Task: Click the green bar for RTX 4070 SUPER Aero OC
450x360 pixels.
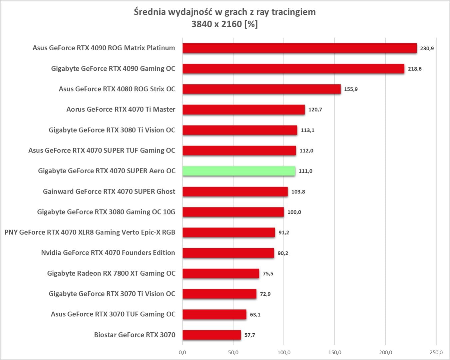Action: pyautogui.click(x=238, y=171)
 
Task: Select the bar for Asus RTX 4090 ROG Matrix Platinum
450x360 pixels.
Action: pyautogui.click(x=299, y=48)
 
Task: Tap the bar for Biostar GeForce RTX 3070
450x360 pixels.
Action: pyautogui.click(x=212, y=335)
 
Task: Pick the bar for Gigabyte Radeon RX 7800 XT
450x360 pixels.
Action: pyautogui.click(x=221, y=273)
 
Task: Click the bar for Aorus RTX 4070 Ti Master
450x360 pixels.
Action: pyautogui.click(x=243, y=110)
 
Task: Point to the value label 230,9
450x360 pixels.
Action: pyautogui.click(x=427, y=48)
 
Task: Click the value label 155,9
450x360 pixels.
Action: pyautogui.click(x=351, y=89)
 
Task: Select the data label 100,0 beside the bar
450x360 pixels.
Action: pyautogui.click(x=294, y=212)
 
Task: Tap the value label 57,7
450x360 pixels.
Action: pyautogui.click(x=249, y=335)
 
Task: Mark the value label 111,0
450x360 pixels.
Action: pyautogui.click(x=305, y=171)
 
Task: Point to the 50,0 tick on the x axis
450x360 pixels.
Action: pyautogui.click(x=233, y=352)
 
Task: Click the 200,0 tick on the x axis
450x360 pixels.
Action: pyautogui.click(x=385, y=352)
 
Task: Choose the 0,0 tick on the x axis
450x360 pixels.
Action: pyautogui.click(x=182, y=352)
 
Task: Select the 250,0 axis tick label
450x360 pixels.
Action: pyautogui.click(x=436, y=352)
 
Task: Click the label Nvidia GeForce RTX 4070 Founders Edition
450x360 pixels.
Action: pyautogui.click(x=108, y=253)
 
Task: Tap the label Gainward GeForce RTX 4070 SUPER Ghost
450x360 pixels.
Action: pyautogui.click(x=109, y=191)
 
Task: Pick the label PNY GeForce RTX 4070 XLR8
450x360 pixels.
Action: pyautogui.click(x=90, y=232)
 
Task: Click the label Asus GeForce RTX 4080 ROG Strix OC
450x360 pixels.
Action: pyautogui.click(x=117, y=89)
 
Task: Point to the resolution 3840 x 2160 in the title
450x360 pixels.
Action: pyautogui.click(x=217, y=24)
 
